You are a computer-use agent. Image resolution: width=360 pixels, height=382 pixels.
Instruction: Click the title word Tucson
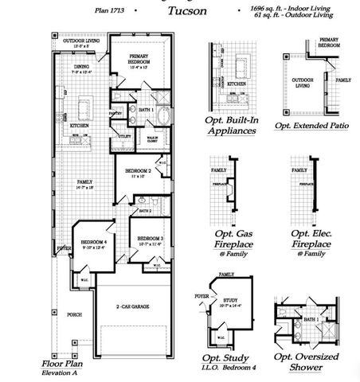tap(187, 12)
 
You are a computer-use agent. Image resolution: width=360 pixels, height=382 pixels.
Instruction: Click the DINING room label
tap(82, 67)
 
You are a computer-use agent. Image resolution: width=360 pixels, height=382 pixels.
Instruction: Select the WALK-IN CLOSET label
tap(156, 140)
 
